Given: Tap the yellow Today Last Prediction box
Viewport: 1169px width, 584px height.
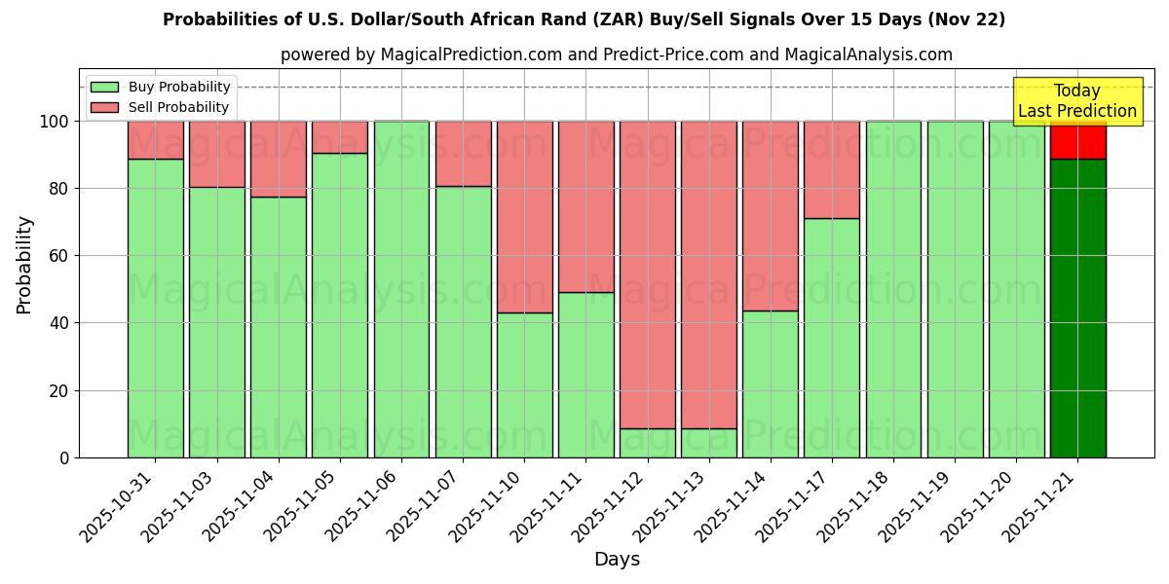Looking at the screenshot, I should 1077,101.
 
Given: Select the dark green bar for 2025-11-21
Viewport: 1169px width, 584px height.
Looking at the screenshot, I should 1077,308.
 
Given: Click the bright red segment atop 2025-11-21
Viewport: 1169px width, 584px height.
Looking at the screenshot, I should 1077,139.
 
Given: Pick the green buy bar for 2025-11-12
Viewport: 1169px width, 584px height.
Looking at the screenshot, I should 648,443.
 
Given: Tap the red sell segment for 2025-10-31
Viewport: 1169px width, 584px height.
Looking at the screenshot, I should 156,139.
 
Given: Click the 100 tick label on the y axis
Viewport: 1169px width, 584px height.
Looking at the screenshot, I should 55,122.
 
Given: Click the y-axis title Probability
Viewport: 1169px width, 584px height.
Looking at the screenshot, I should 25,265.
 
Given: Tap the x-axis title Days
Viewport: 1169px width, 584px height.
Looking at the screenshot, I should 617,560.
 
